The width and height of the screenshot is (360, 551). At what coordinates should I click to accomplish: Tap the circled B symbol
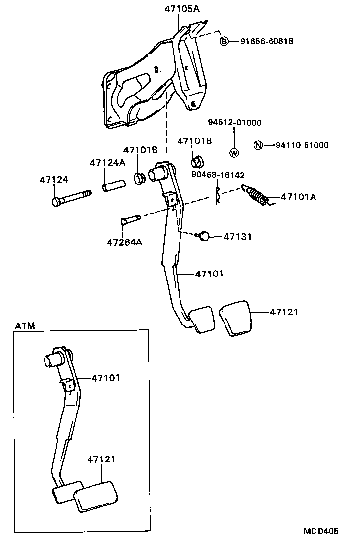tap(224, 41)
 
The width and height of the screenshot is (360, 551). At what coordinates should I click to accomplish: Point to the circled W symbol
tap(234, 153)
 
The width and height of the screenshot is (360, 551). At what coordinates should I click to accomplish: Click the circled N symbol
tap(258, 145)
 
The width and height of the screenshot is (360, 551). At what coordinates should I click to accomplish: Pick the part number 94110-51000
tap(302, 145)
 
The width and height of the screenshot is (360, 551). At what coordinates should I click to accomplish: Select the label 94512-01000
tap(234, 123)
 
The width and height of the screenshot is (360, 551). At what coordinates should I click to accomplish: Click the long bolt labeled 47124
tap(71, 197)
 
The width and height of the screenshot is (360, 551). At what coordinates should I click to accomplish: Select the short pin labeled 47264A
tap(131, 219)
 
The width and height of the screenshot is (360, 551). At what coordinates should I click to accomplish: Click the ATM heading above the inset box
tap(24, 326)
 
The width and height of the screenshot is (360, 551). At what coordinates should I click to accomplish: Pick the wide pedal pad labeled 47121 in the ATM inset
tap(96, 496)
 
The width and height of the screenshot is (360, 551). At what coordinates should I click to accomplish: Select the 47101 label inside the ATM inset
tap(106, 378)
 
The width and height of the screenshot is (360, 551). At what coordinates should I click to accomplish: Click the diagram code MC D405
tap(321, 531)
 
